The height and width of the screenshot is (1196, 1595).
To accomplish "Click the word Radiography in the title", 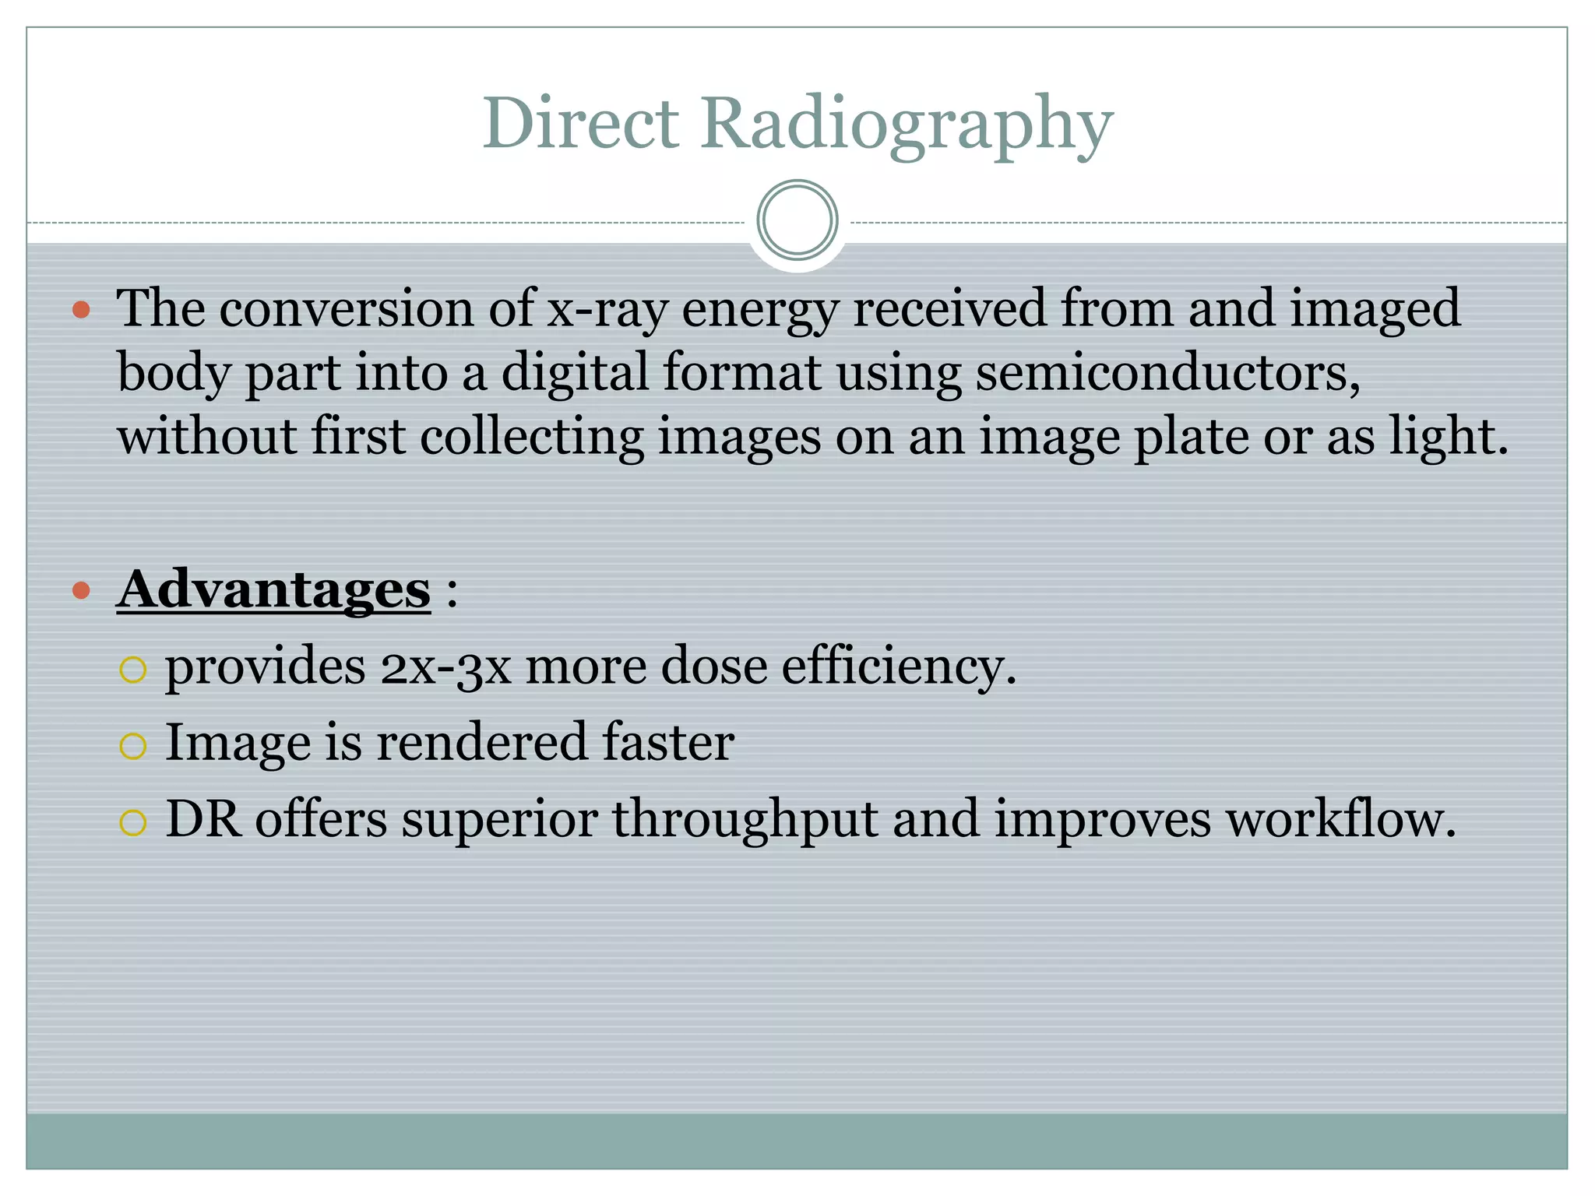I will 907,125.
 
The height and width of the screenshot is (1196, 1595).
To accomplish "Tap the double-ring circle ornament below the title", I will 797,220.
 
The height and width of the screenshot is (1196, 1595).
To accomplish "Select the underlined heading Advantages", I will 273,589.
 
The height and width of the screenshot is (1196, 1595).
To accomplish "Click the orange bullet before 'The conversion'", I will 81,311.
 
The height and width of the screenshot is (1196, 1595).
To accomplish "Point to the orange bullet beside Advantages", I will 81,590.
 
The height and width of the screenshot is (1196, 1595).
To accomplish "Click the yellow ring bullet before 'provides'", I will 133,670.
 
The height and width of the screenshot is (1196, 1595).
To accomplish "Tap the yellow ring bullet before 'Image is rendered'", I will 133,746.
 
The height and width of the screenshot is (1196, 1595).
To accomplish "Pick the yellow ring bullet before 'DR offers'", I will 133,822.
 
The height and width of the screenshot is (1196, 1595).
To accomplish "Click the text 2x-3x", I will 445,667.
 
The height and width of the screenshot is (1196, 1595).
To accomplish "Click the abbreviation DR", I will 203,819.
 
